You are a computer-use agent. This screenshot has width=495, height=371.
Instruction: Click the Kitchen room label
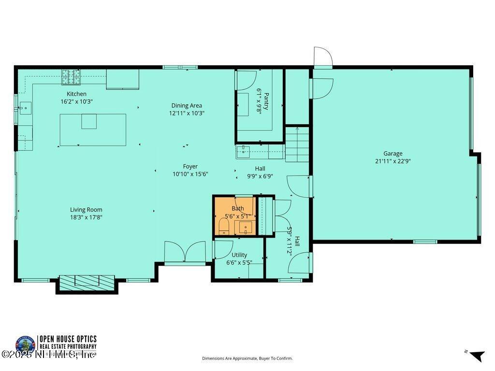[76, 94]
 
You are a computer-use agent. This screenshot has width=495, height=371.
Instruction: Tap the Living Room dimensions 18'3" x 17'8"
[86, 217]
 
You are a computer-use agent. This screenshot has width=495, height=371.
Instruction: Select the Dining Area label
[187, 105]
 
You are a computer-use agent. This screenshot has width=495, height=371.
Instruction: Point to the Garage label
[393, 154]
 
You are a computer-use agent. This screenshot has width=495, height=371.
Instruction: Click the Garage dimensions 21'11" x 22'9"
[393, 161]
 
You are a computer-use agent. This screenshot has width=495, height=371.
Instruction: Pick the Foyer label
[190, 166]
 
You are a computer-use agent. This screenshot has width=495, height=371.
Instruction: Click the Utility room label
[239, 255]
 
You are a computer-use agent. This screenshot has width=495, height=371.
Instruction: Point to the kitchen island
[93, 129]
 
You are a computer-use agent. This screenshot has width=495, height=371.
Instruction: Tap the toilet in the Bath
[224, 227]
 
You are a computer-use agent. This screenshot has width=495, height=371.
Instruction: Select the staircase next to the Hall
[297, 144]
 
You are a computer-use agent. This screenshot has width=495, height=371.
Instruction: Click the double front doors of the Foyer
[185, 252]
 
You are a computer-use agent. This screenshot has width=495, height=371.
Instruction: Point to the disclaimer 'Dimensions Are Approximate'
[247, 358]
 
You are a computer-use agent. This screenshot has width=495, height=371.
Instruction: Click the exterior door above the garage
[322, 57]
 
